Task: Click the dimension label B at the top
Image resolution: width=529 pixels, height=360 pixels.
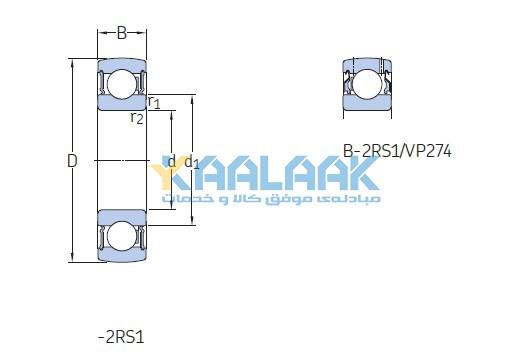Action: click(x=121, y=33)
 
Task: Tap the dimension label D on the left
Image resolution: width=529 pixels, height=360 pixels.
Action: click(x=72, y=161)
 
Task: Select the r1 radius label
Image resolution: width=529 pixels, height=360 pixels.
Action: click(x=154, y=102)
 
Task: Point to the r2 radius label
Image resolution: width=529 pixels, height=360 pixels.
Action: click(x=137, y=118)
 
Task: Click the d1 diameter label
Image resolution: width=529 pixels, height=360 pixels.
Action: click(x=192, y=162)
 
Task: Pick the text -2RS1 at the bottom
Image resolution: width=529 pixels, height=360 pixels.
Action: click(x=121, y=337)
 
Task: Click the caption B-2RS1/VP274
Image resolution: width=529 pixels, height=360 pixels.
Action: click(x=397, y=151)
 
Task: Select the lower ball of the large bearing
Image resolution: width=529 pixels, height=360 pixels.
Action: click(x=122, y=234)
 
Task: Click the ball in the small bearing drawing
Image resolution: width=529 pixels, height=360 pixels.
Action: click(x=367, y=84)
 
